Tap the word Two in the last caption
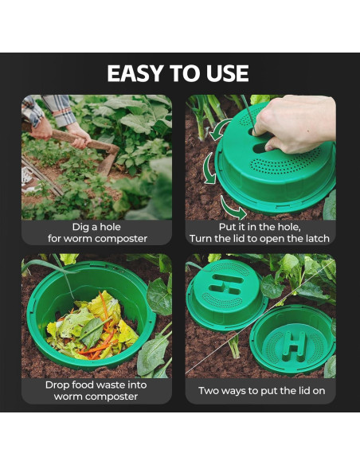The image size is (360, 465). click(x=211, y=391)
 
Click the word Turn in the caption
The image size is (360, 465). click(x=203, y=238)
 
